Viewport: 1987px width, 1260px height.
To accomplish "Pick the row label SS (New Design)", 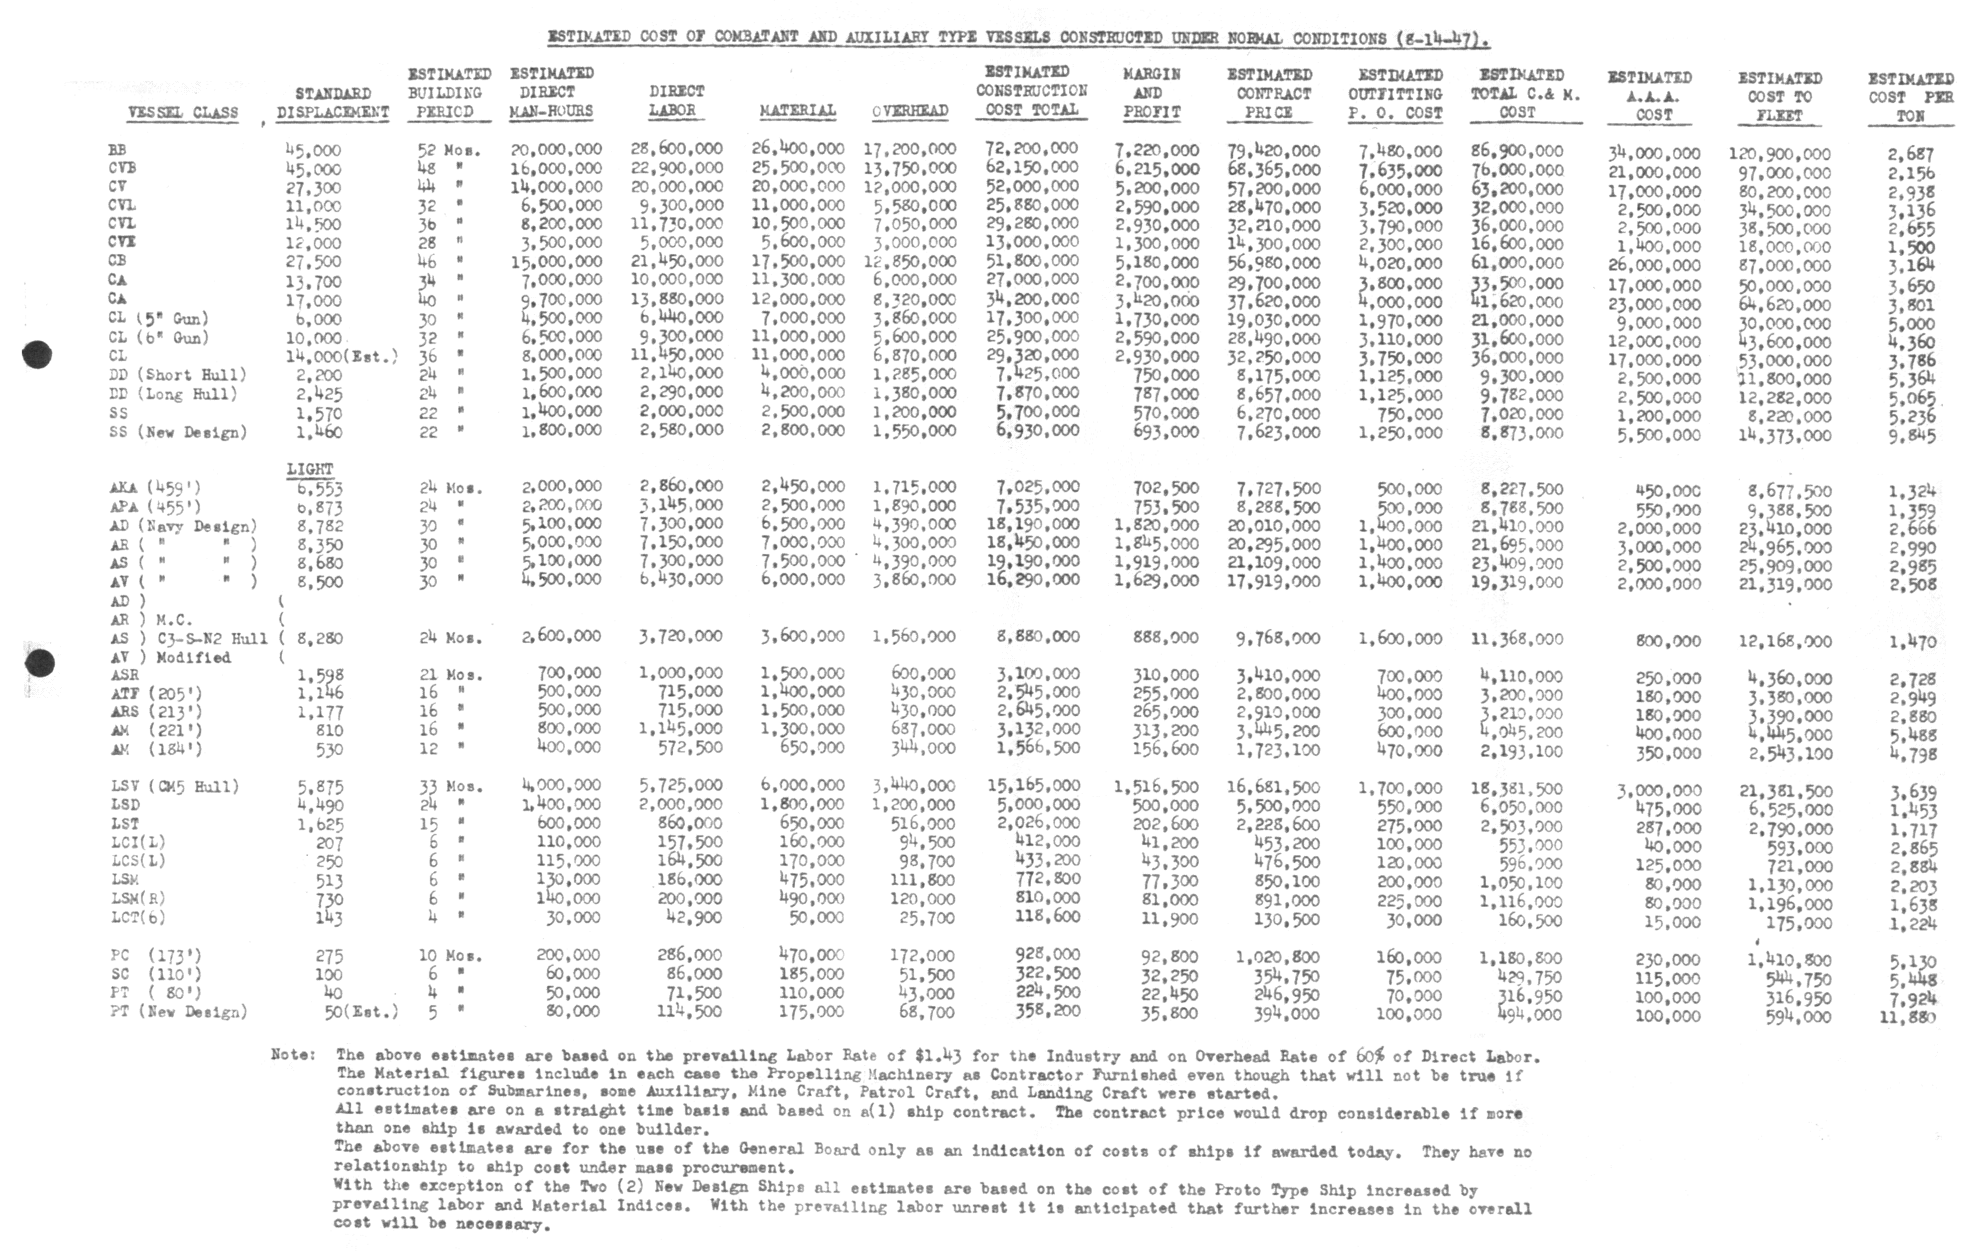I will click(x=178, y=432).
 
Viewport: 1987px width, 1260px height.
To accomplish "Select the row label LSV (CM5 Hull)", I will click(x=175, y=786).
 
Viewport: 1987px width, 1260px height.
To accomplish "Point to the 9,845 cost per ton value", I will click(x=1911, y=436).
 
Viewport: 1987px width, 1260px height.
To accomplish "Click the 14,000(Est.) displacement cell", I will click(x=341, y=357).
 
